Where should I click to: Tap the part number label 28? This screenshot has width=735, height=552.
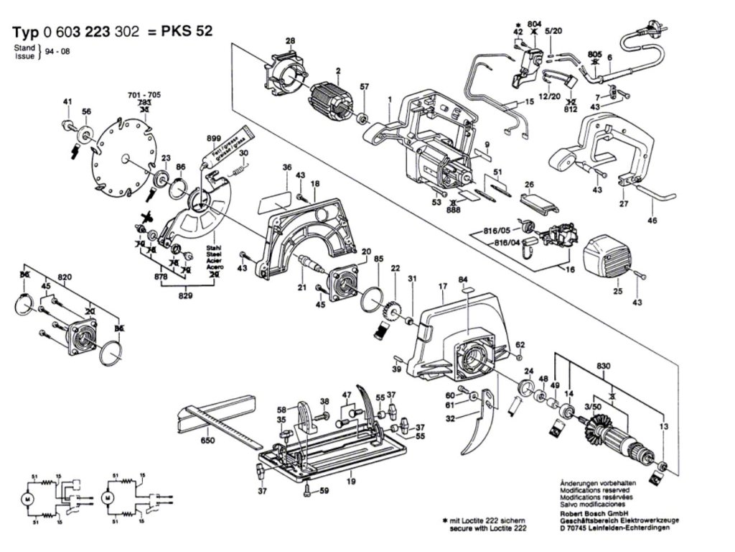(x=290, y=41)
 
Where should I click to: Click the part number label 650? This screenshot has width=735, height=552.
(x=208, y=441)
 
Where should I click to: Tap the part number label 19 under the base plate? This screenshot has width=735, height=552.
(x=350, y=481)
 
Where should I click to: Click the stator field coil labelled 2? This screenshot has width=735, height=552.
(x=332, y=101)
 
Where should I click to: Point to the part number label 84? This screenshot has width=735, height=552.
(x=464, y=279)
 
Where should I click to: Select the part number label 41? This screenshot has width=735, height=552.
(x=67, y=103)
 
